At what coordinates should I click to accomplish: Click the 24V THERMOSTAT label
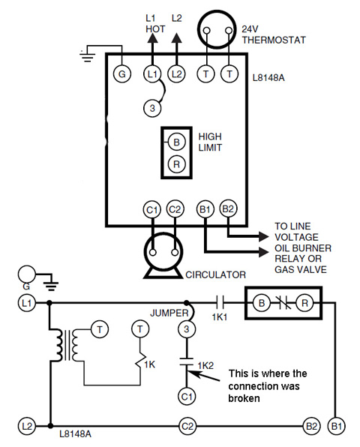click(273, 34)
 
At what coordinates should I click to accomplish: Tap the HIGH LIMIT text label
click(210, 142)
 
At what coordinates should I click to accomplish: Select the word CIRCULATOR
click(215, 274)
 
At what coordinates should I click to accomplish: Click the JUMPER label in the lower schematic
click(169, 313)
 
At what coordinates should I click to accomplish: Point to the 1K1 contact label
click(220, 317)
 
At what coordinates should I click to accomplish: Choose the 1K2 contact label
click(205, 365)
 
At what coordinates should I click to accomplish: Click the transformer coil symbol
click(67, 345)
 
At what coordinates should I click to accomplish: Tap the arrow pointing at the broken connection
click(204, 376)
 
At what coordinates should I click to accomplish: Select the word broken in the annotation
click(244, 398)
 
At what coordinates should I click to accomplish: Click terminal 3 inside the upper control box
click(152, 108)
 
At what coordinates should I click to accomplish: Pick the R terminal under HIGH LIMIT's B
click(176, 164)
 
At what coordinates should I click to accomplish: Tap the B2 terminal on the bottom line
click(311, 427)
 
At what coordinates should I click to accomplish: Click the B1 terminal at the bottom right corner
click(336, 427)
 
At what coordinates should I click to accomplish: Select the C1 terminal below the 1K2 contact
click(187, 397)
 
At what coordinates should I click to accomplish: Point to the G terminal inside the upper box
click(122, 74)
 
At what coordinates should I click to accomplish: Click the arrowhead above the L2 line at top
click(177, 38)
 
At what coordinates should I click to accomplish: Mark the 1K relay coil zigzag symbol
click(139, 361)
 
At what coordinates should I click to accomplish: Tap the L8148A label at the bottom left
click(75, 434)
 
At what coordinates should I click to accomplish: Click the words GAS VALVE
click(301, 269)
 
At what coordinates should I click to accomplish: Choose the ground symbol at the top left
click(87, 56)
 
